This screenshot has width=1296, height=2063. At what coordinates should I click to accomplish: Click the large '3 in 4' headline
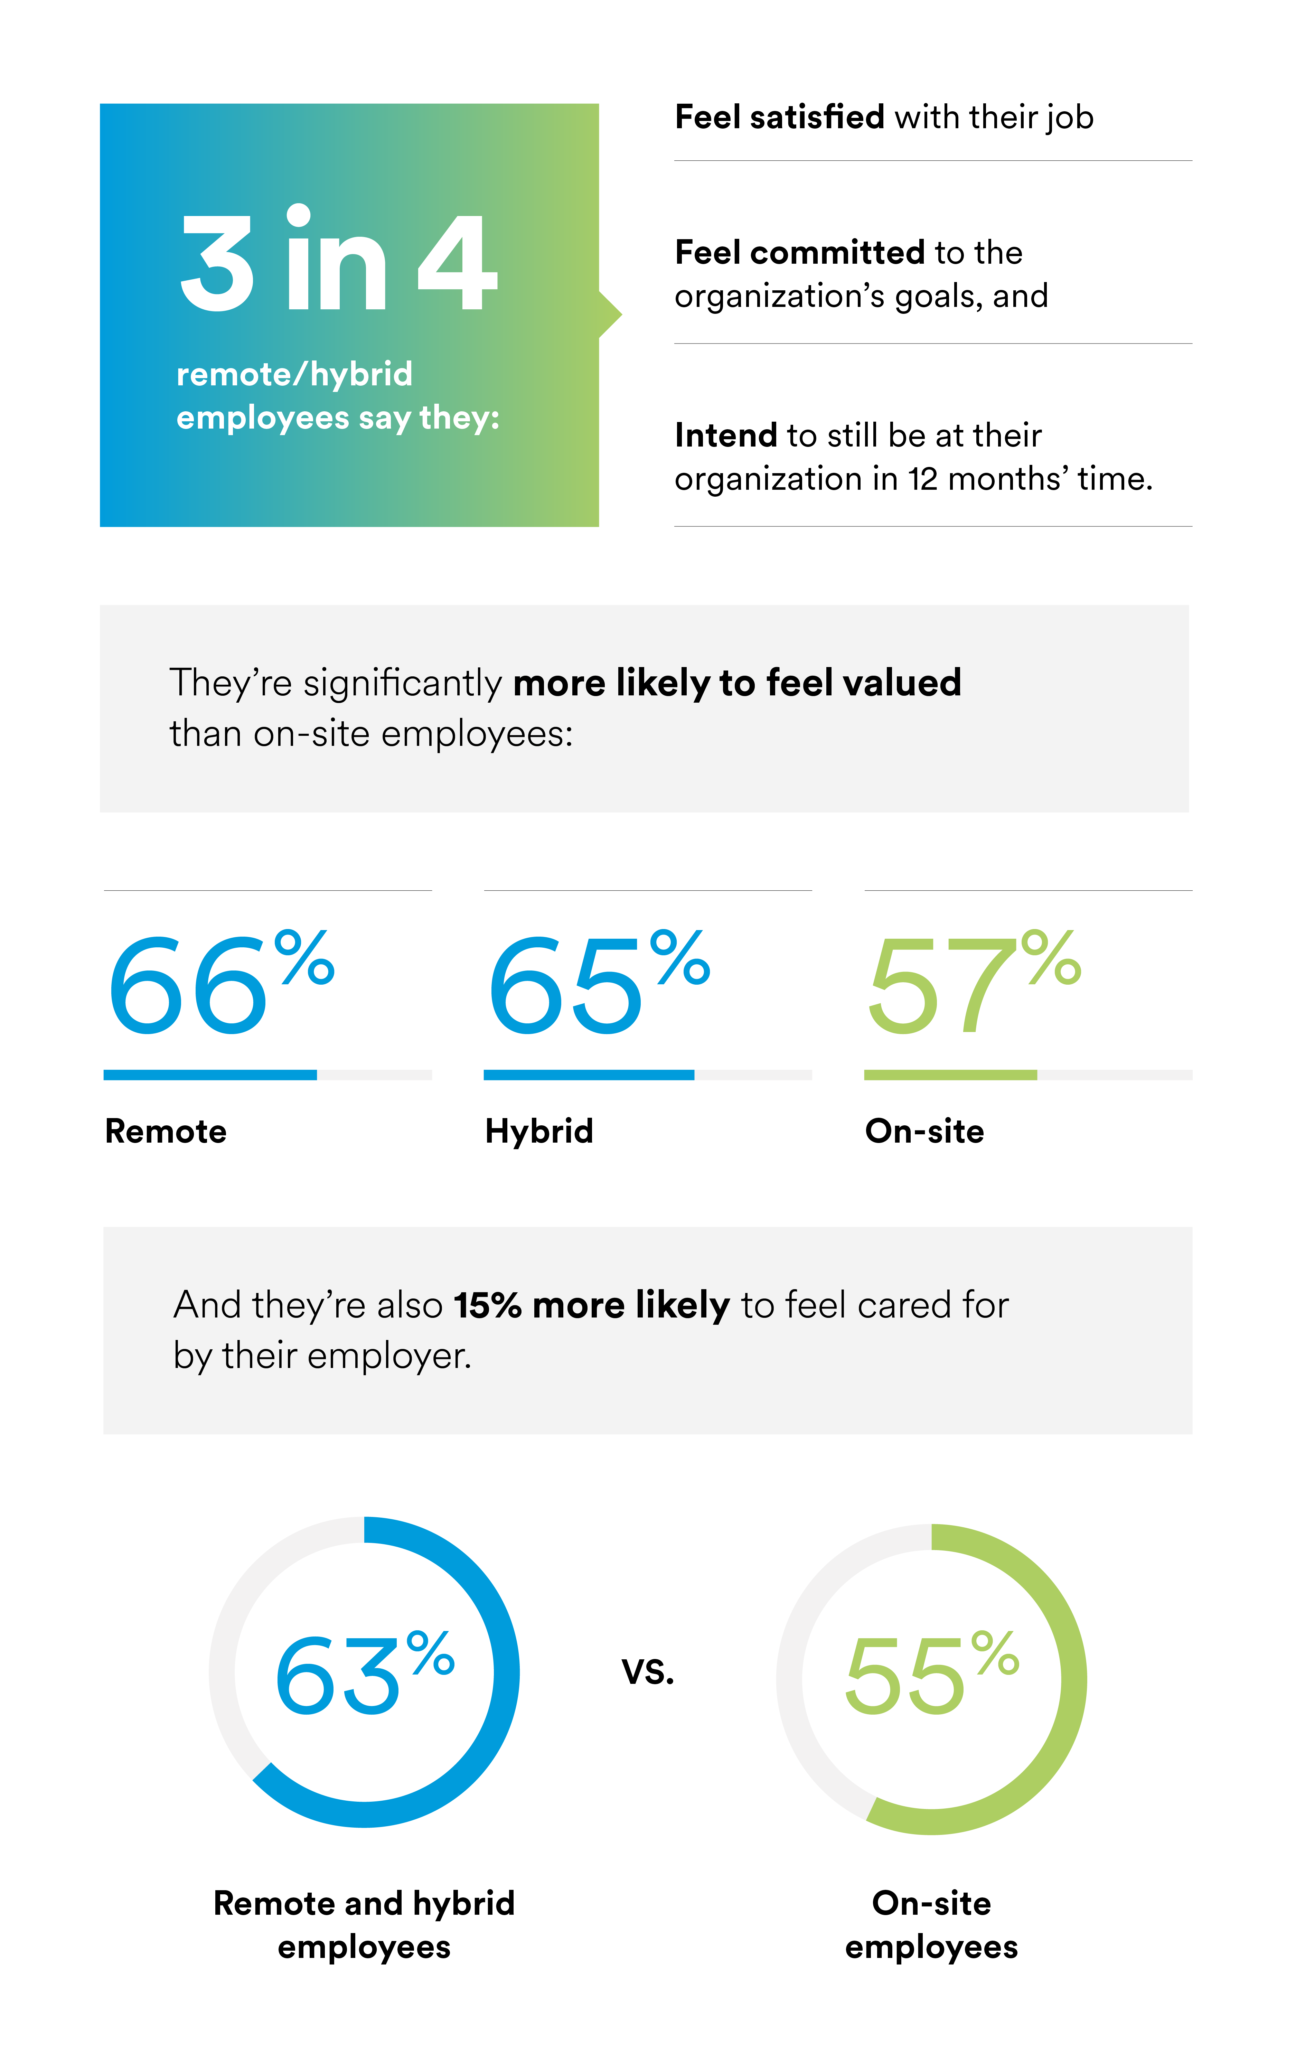pyautogui.click(x=338, y=261)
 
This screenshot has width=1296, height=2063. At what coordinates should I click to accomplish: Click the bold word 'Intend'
pyautogui.click(x=725, y=435)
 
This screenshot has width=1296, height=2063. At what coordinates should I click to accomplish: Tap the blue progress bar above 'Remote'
pyautogui.click(x=210, y=1074)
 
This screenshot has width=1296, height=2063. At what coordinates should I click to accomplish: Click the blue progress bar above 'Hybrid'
pyautogui.click(x=589, y=1074)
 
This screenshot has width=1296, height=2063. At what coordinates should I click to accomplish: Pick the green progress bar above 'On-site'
pyautogui.click(x=950, y=1074)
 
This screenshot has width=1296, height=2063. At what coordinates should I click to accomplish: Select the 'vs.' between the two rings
pyautogui.click(x=648, y=1671)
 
